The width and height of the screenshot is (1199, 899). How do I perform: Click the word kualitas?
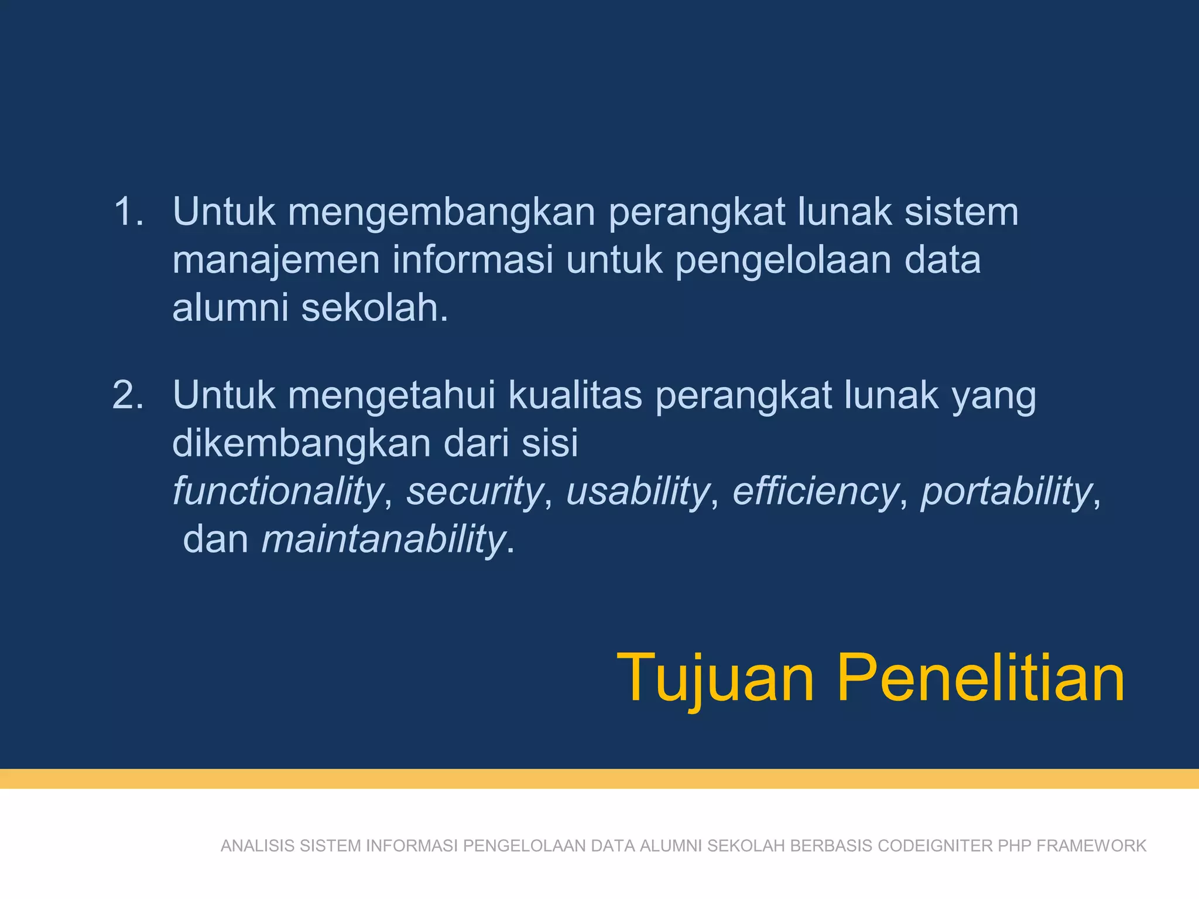(575, 396)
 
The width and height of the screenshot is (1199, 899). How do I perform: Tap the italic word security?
(475, 492)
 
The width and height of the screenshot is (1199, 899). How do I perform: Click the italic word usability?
(638, 492)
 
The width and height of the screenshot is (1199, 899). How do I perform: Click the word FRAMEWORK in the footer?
(1091, 846)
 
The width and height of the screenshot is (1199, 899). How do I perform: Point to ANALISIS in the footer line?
(258, 846)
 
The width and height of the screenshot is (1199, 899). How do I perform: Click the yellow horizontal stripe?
(599, 778)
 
